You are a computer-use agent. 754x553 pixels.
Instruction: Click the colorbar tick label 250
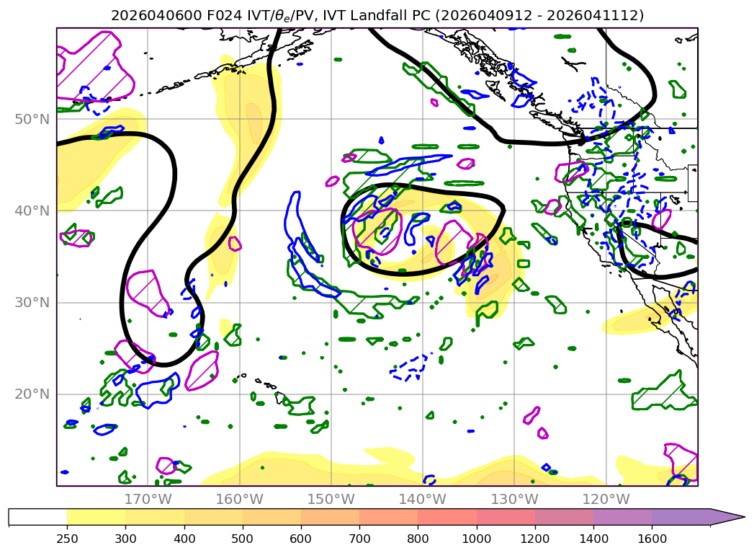pos(67,539)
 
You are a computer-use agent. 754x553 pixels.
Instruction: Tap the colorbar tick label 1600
pos(652,539)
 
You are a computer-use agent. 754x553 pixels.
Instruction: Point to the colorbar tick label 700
pos(359,539)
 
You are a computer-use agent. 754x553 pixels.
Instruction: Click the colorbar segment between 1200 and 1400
pos(564,517)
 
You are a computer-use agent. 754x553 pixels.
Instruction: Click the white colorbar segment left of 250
pos(37,517)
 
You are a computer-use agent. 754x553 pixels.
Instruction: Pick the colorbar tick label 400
pos(184,539)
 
